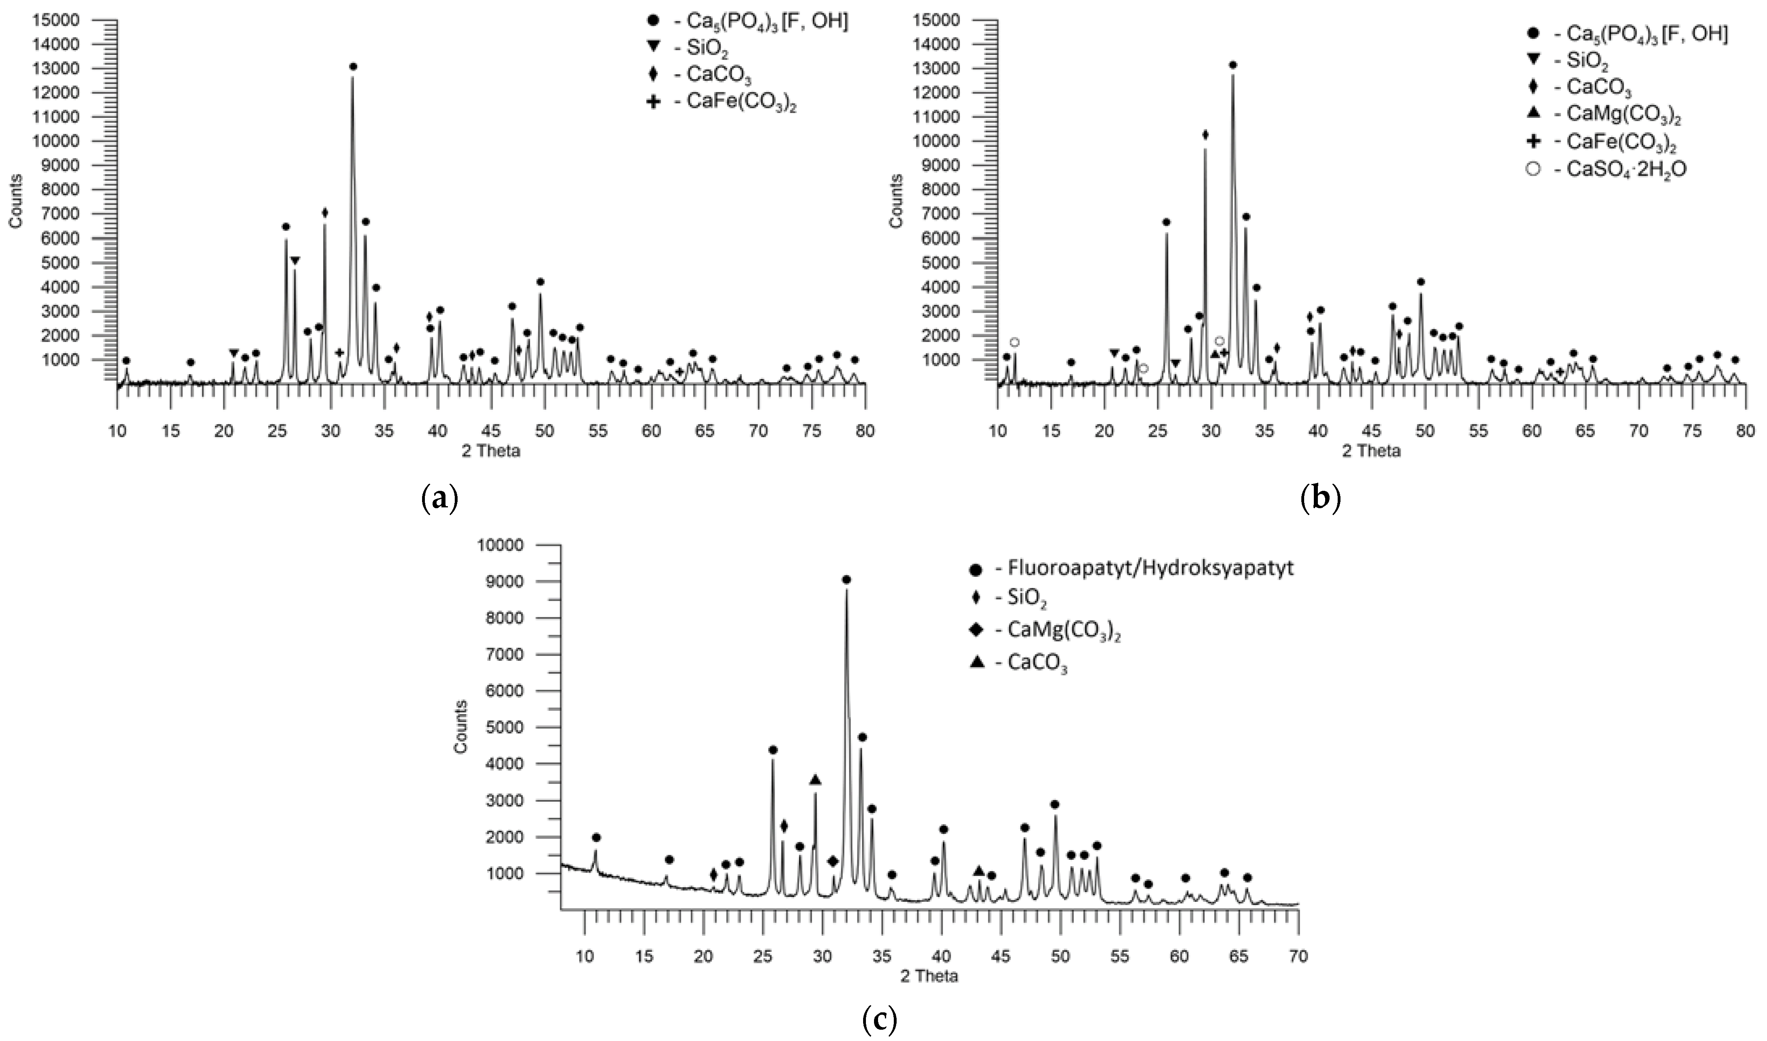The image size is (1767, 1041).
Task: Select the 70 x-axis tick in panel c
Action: coord(1298,956)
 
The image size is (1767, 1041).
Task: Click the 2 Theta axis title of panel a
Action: coord(491,451)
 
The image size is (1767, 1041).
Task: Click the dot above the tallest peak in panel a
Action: coord(353,67)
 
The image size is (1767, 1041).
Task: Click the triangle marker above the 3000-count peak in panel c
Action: coord(815,780)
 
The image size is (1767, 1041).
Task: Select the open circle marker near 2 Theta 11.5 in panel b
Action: coord(1014,342)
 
